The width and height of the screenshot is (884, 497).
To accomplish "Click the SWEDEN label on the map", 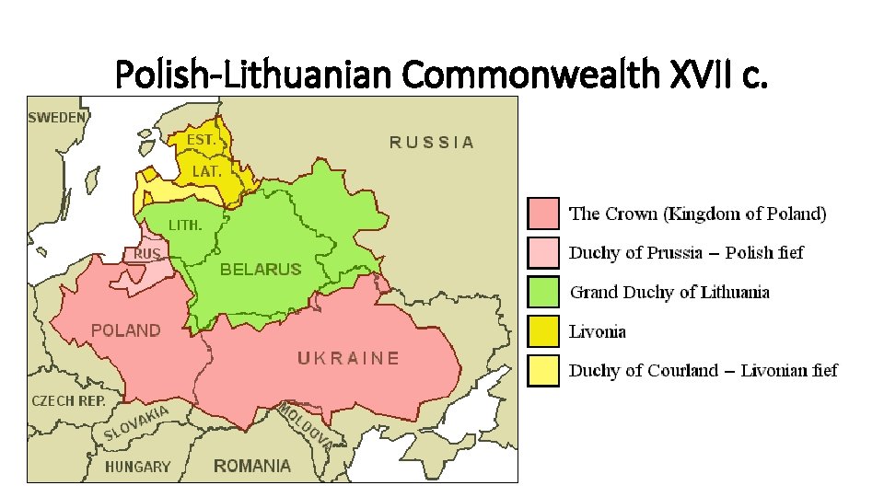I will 58,117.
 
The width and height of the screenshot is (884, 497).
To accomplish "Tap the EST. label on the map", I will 202,140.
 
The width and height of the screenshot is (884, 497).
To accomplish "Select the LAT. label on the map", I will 206,171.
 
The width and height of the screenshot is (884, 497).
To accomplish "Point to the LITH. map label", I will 184,225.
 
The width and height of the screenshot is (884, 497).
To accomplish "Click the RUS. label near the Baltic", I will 148,253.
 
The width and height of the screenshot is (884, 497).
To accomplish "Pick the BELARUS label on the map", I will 261,270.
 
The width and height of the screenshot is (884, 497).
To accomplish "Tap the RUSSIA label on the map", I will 432,142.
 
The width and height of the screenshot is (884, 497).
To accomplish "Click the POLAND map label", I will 126,330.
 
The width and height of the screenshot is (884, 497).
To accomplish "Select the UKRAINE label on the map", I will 348,358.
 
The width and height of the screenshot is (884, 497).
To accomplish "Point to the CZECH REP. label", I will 69,401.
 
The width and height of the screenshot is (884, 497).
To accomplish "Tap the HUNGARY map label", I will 137,467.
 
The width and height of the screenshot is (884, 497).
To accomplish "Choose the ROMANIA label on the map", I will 252,466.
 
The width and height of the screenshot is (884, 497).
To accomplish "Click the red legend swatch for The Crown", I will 543,214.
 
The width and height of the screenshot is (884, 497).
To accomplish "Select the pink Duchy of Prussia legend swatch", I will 543,252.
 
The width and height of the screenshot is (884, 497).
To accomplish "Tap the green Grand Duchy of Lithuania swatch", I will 543,292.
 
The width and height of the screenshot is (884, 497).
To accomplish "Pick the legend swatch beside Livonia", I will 543,331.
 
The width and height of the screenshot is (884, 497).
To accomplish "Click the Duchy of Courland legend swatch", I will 543,371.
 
